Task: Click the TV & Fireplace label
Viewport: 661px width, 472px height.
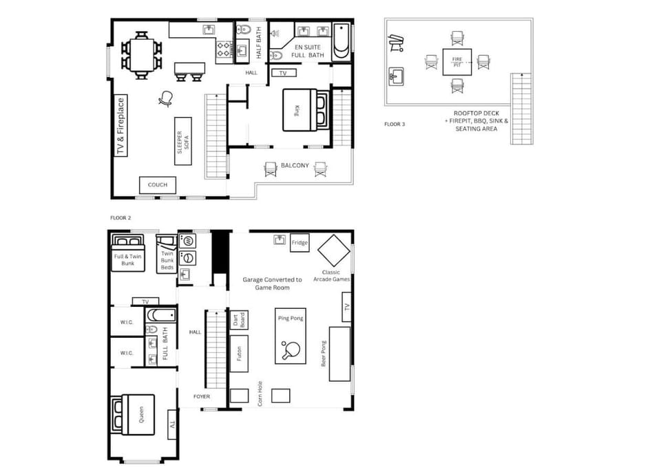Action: click(x=120, y=126)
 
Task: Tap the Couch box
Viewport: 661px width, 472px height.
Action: click(x=158, y=185)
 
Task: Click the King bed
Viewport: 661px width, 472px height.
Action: click(x=298, y=110)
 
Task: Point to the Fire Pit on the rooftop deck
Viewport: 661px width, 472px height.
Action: click(x=457, y=61)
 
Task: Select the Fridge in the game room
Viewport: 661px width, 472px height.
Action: click(x=300, y=243)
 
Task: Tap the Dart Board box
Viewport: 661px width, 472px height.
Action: click(x=239, y=320)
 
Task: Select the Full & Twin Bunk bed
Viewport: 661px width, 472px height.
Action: click(x=128, y=254)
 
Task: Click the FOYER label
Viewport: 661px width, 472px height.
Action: click(x=201, y=396)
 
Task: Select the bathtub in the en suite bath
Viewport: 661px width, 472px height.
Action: click(x=342, y=39)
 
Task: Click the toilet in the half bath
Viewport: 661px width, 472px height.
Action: click(x=243, y=30)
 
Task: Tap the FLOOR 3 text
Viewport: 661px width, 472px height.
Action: click(x=394, y=125)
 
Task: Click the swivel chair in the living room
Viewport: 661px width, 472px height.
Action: click(x=166, y=99)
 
